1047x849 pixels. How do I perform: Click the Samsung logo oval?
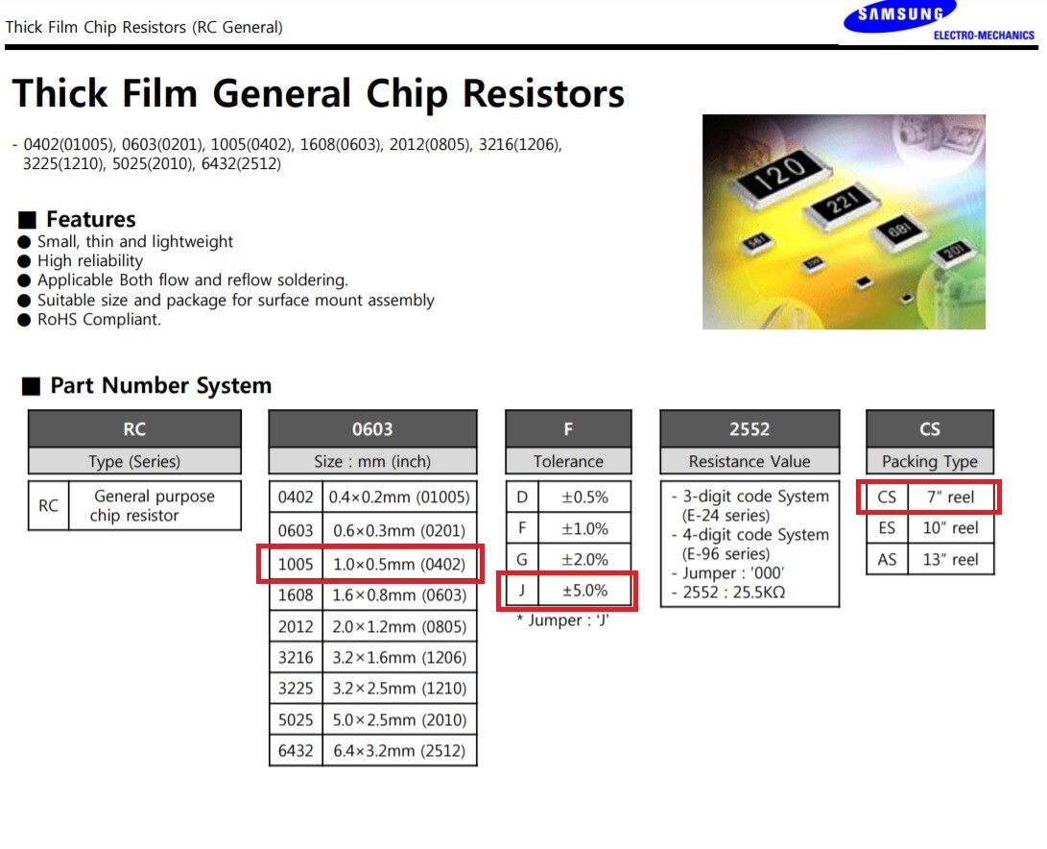click(x=899, y=16)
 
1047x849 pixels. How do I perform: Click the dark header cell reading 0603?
click(x=372, y=429)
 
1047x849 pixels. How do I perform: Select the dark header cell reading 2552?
click(x=750, y=429)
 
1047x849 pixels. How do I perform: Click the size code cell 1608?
click(x=296, y=595)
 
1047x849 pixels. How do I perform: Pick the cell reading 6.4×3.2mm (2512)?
click(x=399, y=751)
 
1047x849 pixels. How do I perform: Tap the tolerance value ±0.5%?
click(x=584, y=497)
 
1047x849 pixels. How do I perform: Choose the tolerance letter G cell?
click(x=522, y=559)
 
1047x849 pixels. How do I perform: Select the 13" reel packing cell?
click(x=950, y=559)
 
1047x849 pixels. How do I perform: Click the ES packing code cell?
click(x=887, y=528)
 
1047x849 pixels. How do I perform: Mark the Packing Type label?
click(x=930, y=461)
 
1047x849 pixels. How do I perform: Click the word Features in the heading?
click(x=91, y=219)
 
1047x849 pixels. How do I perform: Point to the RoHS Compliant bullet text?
click(x=99, y=320)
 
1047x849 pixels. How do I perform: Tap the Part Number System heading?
click(x=160, y=385)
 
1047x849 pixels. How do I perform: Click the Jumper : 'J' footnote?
click(x=562, y=620)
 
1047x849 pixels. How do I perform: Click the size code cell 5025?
click(x=296, y=720)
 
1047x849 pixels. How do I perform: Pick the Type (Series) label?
click(x=134, y=461)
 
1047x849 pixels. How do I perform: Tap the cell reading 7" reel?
click(x=950, y=497)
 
